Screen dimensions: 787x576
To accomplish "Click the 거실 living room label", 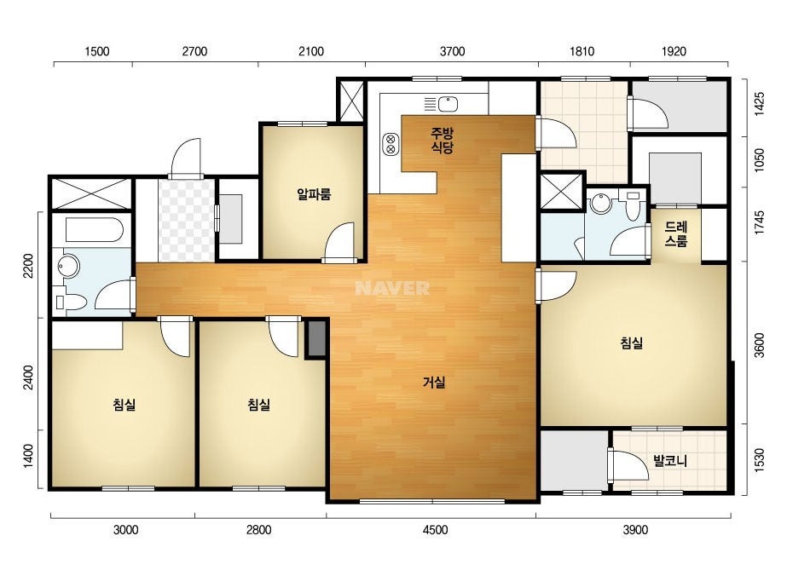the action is point(434,383).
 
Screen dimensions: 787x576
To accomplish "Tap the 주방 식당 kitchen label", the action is point(443,141).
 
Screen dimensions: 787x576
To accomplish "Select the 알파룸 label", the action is point(314,194).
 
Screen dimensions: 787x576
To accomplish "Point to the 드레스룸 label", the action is point(675,234).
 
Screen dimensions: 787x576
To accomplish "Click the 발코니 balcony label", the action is point(669,461).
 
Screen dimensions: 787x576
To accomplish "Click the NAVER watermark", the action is point(392,288).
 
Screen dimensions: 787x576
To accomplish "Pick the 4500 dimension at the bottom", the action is point(435,530).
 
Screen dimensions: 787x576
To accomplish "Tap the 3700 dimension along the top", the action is point(452,51).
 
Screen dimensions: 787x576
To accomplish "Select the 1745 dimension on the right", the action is point(759,222).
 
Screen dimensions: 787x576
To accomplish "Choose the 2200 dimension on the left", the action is point(28,266).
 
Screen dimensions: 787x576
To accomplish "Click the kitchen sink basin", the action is point(448,104).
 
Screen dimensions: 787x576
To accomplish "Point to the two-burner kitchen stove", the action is point(391,144).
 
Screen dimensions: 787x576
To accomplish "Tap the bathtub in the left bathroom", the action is point(95,230).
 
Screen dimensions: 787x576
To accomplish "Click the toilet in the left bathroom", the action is point(70,302).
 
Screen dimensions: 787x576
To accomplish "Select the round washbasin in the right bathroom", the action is point(601,203).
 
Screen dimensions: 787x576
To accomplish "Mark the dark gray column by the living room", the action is point(316,338).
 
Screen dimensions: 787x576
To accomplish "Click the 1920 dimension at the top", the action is point(674,51).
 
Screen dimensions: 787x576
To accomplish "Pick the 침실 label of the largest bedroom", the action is point(632,343).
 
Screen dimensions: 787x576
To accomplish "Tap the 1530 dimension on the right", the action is point(759,459).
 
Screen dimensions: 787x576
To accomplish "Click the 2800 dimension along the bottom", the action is point(259,530).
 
